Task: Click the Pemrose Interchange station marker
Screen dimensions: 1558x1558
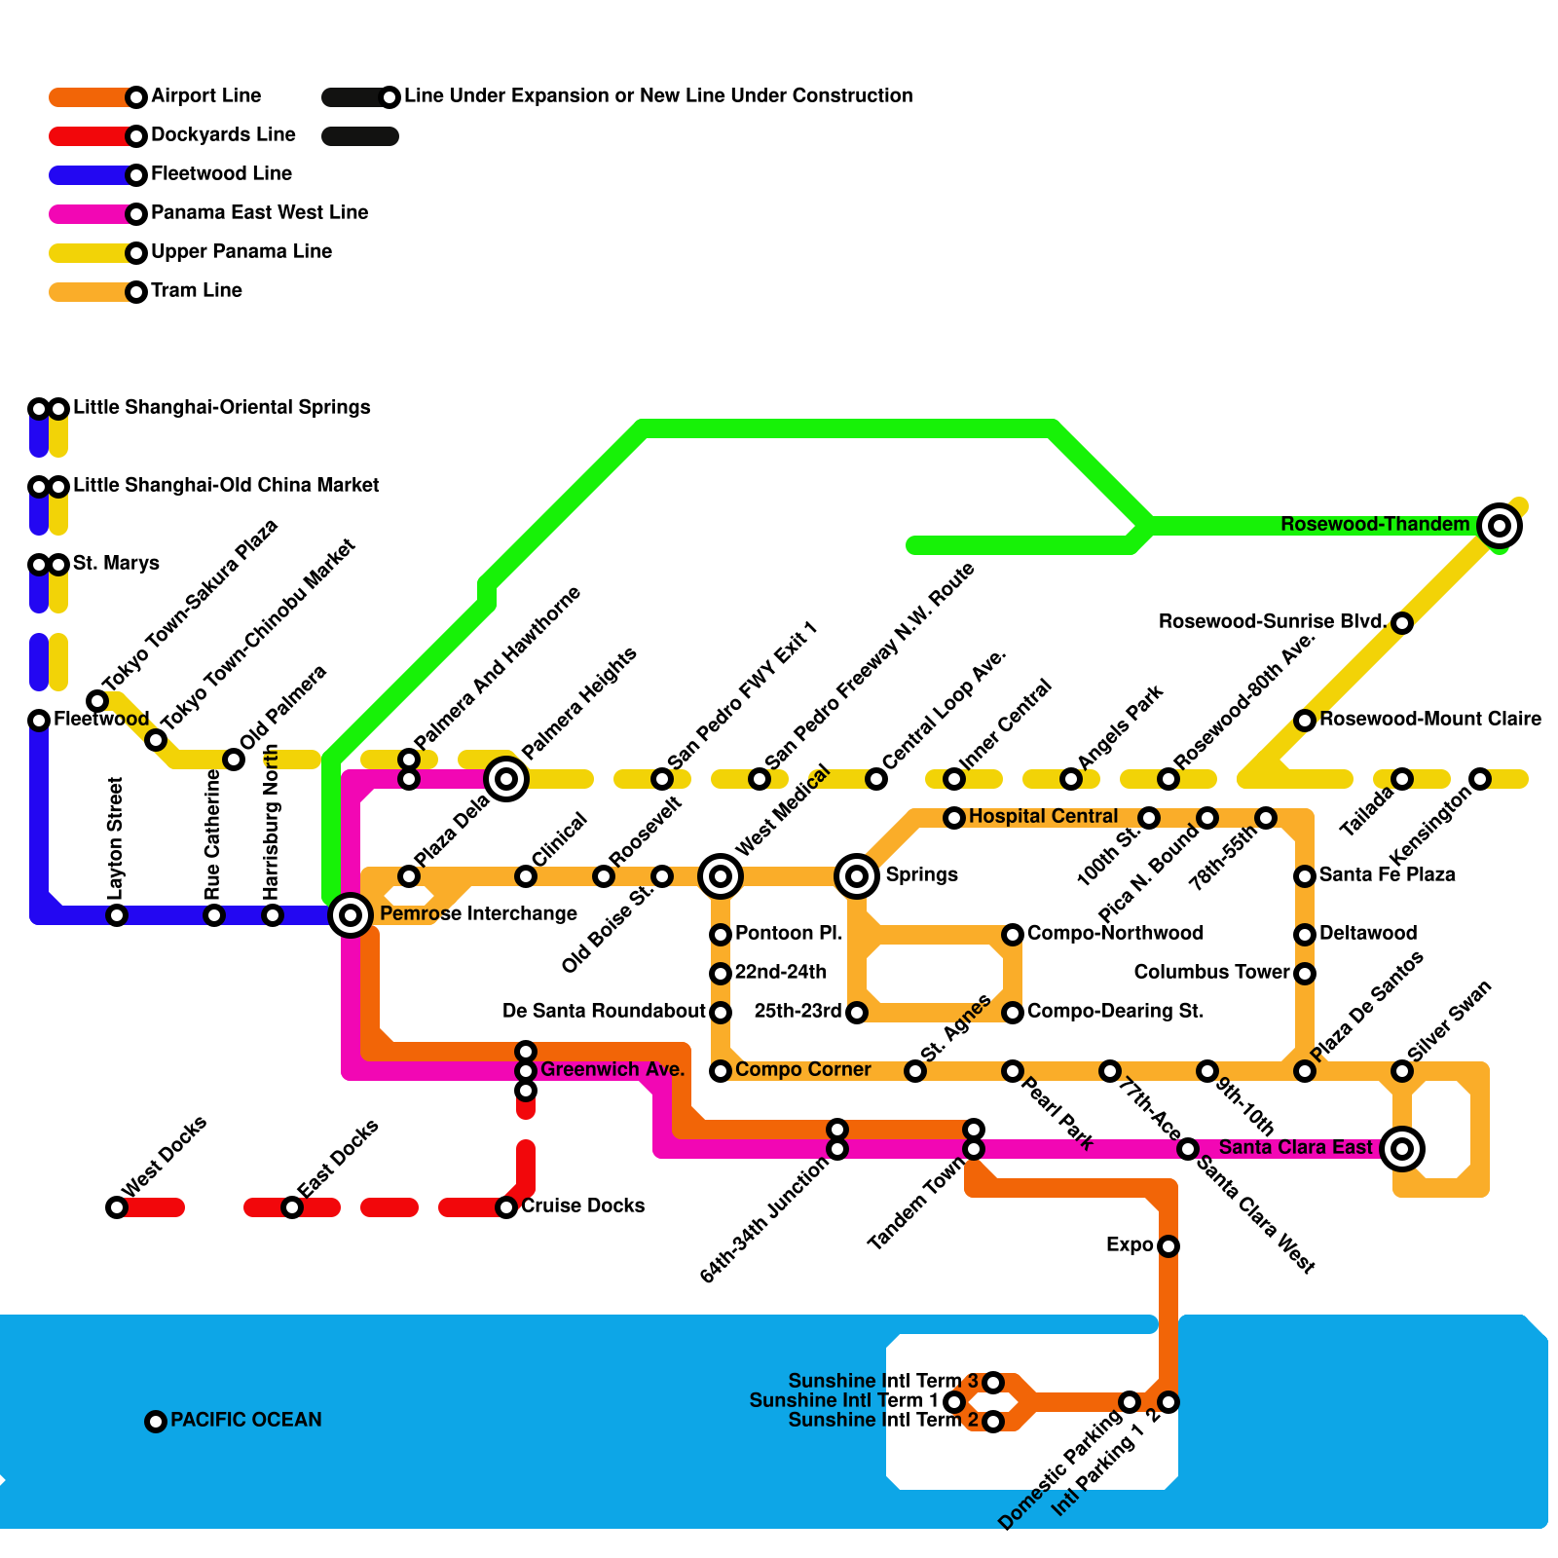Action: coord(351,914)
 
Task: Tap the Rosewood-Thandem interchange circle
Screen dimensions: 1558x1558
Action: coord(1500,526)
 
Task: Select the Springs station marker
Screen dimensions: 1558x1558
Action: coord(857,875)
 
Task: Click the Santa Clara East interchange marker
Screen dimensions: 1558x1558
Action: coord(1402,1148)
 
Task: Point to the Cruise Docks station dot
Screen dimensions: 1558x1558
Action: coord(506,1207)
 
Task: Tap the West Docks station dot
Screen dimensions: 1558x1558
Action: coord(117,1207)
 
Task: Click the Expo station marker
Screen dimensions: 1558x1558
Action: coord(1168,1245)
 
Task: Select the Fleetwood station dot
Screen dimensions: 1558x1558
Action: coord(39,720)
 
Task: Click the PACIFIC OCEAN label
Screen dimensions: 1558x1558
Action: coord(245,1420)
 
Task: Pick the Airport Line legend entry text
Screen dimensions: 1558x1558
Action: coord(205,95)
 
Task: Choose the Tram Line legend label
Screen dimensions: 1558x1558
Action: coord(196,290)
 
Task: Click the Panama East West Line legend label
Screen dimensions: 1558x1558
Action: coord(259,212)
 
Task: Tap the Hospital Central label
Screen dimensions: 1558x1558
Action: coord(1043,816)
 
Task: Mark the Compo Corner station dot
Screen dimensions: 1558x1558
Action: coord(721,1071)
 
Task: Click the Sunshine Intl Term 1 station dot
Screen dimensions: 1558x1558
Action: coord(954,1401)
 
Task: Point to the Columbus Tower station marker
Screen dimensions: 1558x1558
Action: coord(1305,973)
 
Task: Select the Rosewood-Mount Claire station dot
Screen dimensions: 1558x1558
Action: coord(1305,720)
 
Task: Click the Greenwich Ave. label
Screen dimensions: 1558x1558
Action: coord(612,1069)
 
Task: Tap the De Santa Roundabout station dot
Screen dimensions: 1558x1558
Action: coord(721,1012)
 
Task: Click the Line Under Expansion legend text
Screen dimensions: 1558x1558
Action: coord(658,95)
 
